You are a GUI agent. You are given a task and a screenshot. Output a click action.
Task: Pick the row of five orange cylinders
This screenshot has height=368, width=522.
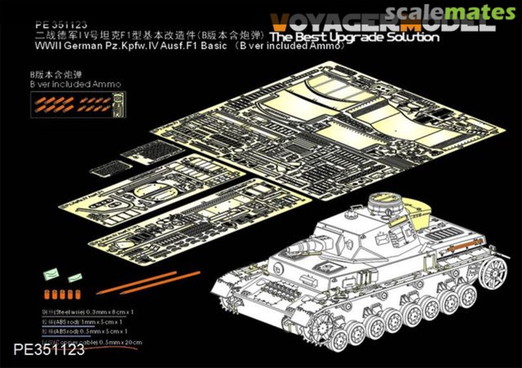click(x=60, y=294)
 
